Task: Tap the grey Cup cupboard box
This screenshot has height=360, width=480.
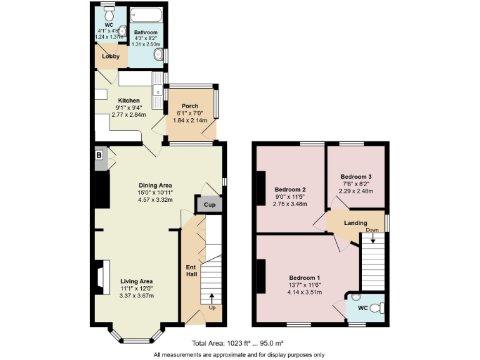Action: [x=206, y=204]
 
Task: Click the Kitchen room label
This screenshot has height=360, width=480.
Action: [x=129, y=101]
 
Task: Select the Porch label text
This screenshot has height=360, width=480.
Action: [x=190, y=106]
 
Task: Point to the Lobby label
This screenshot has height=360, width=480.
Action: [x=111, y=56]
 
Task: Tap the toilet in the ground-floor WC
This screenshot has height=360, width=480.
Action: [x=109, y=14]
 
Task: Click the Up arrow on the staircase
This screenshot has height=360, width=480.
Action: [x=211, y=298]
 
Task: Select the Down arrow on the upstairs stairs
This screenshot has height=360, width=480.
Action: [x=372, y=237]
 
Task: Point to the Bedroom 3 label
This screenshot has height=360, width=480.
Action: [x=356, y=176]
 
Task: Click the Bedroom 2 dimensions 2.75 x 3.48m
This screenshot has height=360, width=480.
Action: [x=290, y=204]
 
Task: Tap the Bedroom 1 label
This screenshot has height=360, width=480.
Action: [x=304, y=277]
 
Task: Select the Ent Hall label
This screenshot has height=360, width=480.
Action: [x=191, y=271]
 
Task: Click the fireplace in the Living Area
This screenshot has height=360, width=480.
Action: [x=99, y=277]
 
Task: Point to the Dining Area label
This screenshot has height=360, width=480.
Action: [x=155, y=185]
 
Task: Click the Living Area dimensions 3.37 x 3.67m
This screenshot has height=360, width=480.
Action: [x=136, y=296]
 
